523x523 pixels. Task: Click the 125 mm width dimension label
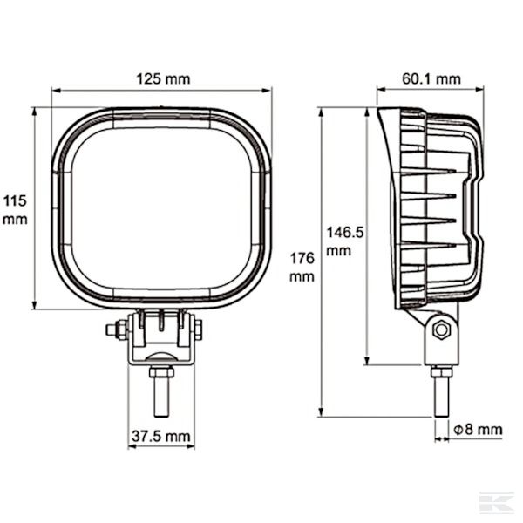[161, 78]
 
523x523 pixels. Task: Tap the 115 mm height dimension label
[15, 210]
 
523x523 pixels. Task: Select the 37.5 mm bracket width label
[160, 435]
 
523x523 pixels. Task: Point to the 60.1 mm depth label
[431, 78]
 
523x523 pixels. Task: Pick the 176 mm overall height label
[302, 268]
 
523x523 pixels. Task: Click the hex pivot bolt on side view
[440, 329]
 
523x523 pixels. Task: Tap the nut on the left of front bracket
[113, 329]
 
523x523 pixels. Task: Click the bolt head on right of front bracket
[200, 329]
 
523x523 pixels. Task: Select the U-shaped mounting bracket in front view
[161, 340]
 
